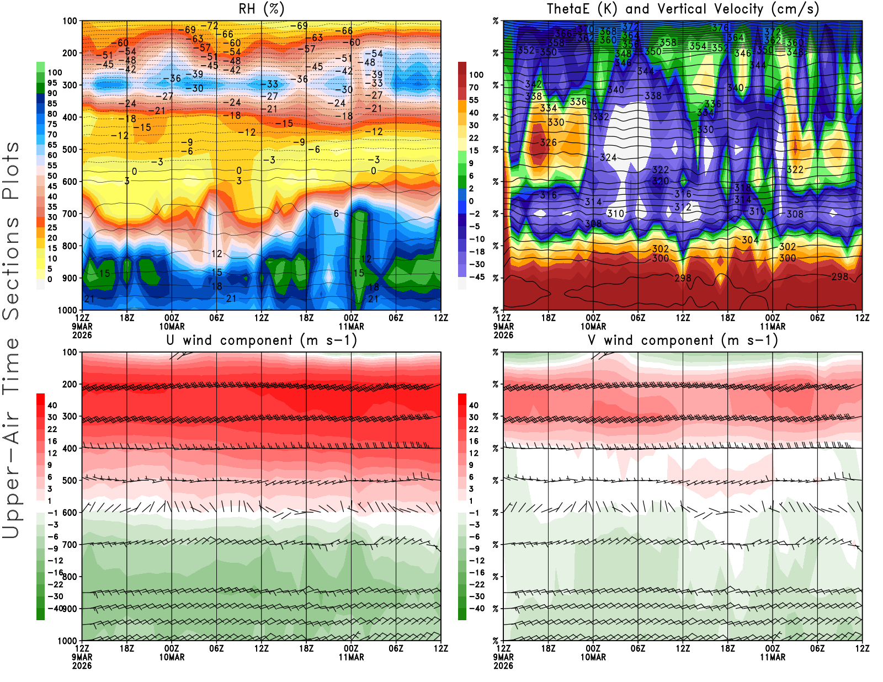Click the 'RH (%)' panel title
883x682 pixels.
pyautogui.click(x=262, y=9)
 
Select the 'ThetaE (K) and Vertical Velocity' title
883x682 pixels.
pyautogui.click(x=683, y=9)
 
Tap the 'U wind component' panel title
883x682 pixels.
pyautogui.click(x=262, y=340)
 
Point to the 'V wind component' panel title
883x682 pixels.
pyautogui.click(x=683, y=340)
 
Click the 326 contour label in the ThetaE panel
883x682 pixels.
pyautogui.click(x=548, y=142)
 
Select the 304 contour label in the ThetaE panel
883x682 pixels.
pyautogui.click(x=750, y=240)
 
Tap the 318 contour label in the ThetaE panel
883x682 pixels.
pyautogui.click(x=742, y=188)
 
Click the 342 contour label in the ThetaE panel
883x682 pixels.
pyautogui.click(x=533, y=84)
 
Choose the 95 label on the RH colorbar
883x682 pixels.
pyautogui.click(x=52, y=83)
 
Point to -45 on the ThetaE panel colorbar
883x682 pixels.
pyautogui.click(x=476, y=277)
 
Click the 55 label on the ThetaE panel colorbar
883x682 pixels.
pyautogui.click(x=474, y=100)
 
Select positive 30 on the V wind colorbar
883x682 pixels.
pyautogui.click(x=474, y=417)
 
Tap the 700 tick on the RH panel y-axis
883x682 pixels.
pyautogui.click(x=70, y=214)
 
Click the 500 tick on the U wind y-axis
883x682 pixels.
pyautogui.click(x=70, y=481)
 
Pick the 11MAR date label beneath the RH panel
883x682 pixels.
pyautogui.click(x=352, y=326)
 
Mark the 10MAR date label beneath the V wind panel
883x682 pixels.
pyautogui.click(x=593, y=657)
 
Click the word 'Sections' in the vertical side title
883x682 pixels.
pyautogui.click(x=11, y=268)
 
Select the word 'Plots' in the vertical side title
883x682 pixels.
pyautogui.click(x=11, y=171)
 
